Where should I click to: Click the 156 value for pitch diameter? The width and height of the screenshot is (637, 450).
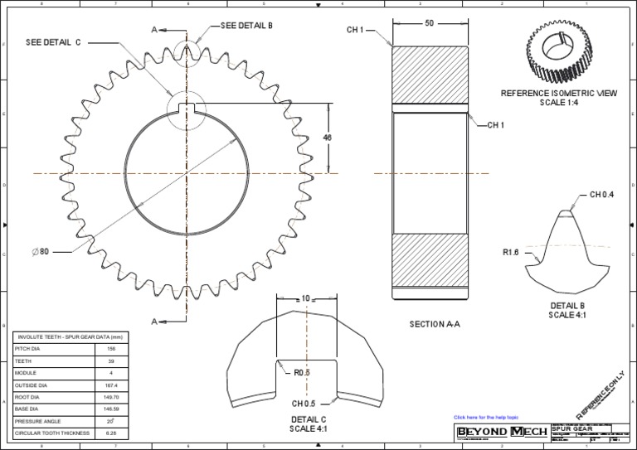111,350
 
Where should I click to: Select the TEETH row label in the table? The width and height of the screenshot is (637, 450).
22,361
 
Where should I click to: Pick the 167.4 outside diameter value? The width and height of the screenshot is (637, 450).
111,385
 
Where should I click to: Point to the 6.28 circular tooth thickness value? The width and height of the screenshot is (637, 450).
111,433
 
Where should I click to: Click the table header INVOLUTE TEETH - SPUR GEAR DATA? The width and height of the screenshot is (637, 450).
71,336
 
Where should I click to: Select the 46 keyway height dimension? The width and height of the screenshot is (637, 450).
327,138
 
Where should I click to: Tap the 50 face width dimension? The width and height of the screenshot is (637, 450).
429,23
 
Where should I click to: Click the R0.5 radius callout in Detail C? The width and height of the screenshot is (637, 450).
302,373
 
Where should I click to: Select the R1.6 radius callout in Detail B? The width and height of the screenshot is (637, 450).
510,252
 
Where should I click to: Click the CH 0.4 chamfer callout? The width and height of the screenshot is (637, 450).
601,195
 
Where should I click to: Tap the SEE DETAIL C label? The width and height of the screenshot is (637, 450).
53,41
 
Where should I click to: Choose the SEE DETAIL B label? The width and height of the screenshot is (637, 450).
246,26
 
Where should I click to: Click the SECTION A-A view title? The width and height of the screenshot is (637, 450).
434,324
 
